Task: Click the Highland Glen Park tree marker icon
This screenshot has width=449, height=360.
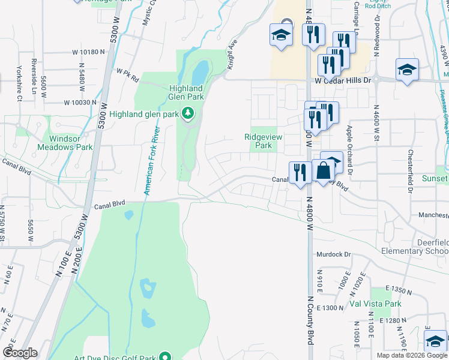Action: coord(188,113)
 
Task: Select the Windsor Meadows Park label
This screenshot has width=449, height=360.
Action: coord(65,142)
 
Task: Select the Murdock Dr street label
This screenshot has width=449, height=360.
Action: coord(334,254)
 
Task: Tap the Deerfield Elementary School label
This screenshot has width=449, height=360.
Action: coord(414,247)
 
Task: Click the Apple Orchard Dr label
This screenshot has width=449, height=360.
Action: coord(349,150)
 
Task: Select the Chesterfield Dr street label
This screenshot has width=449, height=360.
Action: coord(411,171)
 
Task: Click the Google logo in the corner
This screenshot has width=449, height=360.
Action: coord(20,353)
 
